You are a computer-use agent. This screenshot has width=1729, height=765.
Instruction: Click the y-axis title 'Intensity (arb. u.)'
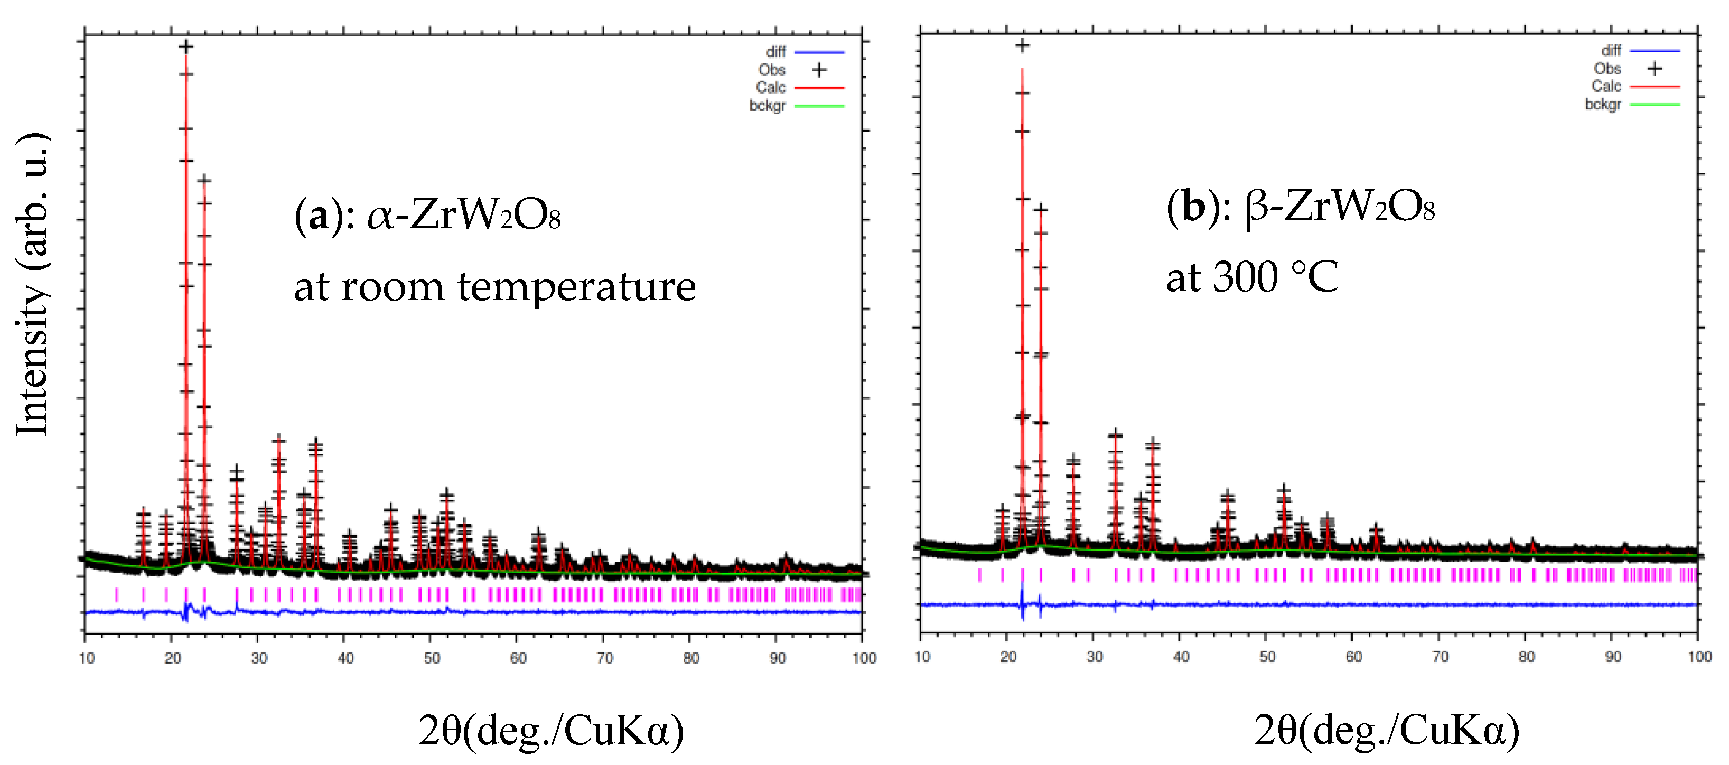coord(32,285)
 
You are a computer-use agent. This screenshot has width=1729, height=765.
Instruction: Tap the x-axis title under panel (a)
coord(550,730)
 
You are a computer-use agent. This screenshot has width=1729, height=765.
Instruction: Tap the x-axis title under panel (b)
coord(1386,730)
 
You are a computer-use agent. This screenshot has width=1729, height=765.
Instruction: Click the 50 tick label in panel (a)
coord(432,658)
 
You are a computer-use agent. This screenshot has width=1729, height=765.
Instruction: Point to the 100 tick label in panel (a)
coord(864,658)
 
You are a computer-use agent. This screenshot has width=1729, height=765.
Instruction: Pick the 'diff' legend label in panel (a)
coord(775,52)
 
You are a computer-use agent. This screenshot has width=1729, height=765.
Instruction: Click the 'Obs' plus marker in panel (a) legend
coord(819,70)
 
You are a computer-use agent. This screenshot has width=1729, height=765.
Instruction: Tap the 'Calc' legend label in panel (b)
coord(1605,87)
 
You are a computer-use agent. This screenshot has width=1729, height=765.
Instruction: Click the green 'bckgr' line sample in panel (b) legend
coord(1655,105)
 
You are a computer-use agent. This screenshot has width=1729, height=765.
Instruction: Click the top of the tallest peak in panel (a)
coord(186,47)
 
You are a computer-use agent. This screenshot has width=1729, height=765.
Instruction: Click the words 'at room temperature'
coord(494,287)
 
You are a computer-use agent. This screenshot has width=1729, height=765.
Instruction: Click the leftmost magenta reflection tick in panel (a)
coord(117,594)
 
